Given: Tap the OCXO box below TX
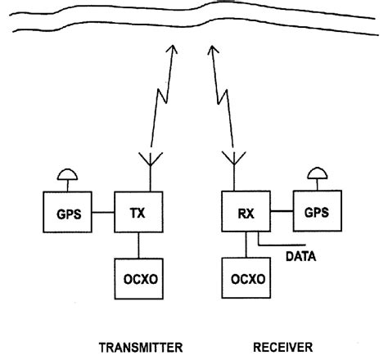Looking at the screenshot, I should click(x=138, y=277).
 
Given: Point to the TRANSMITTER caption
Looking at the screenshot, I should click(x=142, y=346).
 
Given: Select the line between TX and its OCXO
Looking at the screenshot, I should click(x=140, y=243).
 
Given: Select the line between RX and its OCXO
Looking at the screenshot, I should click(x=246, y=243).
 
